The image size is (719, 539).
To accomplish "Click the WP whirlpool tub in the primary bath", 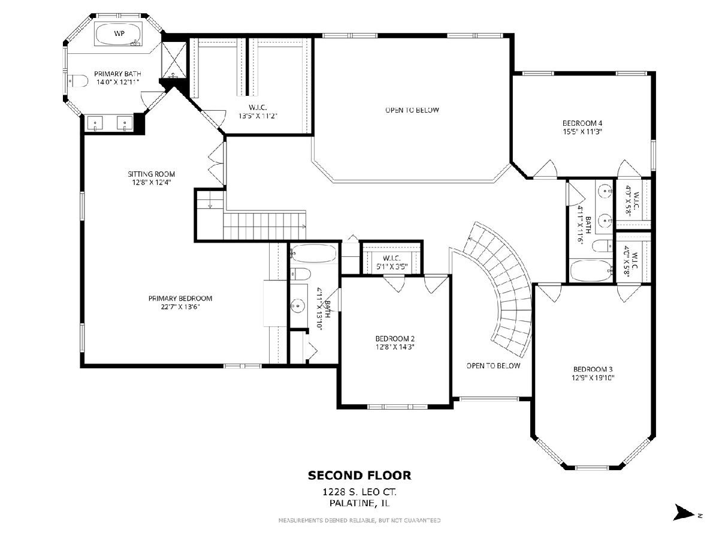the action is [119, 34].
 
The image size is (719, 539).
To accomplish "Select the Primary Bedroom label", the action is [180, 298].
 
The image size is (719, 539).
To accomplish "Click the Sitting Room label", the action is [151, 174].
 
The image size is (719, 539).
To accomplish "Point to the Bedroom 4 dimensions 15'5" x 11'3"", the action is [582, 132].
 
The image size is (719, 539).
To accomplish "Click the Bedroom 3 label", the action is [593, 369].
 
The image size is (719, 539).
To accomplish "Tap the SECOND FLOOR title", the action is [359, 475].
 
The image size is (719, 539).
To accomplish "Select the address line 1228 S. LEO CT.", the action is [359, 492].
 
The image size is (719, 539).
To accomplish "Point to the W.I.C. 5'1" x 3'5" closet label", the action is [391, 262].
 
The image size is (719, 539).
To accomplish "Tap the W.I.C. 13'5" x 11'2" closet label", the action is [258, 111].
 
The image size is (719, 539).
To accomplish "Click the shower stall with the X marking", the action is [174, 59].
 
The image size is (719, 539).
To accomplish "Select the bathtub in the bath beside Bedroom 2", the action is [313, 253].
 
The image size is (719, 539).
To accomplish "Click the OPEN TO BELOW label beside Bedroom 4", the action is [412, 110].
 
